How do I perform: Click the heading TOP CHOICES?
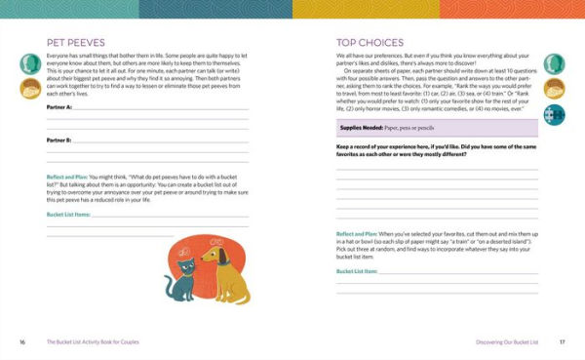365,43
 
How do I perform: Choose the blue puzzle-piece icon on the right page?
556,116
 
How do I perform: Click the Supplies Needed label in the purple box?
362,128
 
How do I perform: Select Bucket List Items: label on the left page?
68,214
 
